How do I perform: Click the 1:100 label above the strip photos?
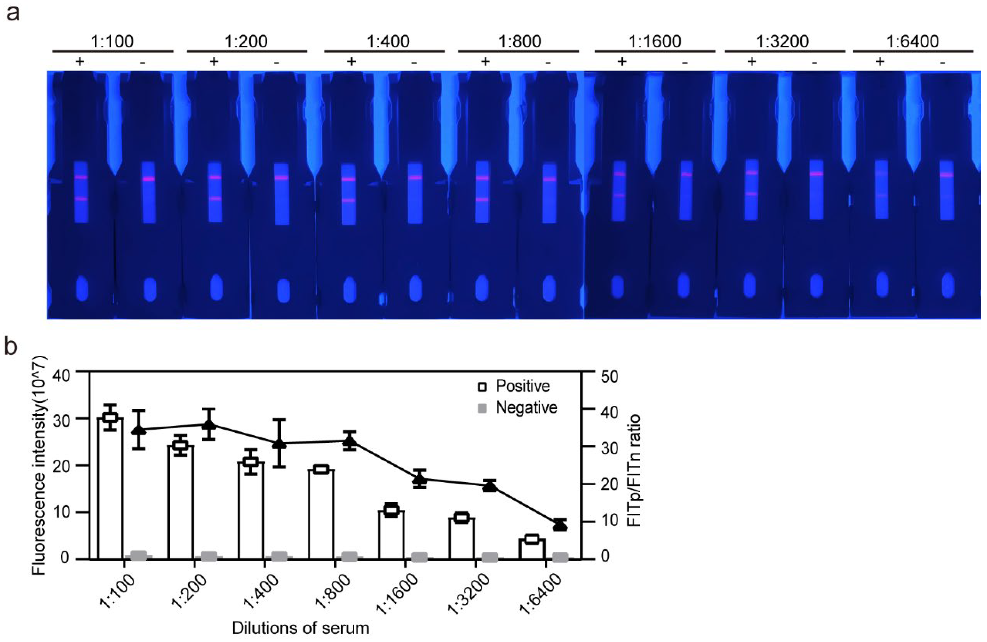112,41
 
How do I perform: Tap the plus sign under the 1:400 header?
351,62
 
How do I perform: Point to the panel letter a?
12,13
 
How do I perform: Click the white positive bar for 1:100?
110,489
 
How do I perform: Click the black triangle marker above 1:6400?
560,525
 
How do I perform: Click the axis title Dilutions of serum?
300,628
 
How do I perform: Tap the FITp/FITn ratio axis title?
633,471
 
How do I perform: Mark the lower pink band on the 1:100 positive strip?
81,199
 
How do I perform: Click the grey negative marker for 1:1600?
420,557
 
